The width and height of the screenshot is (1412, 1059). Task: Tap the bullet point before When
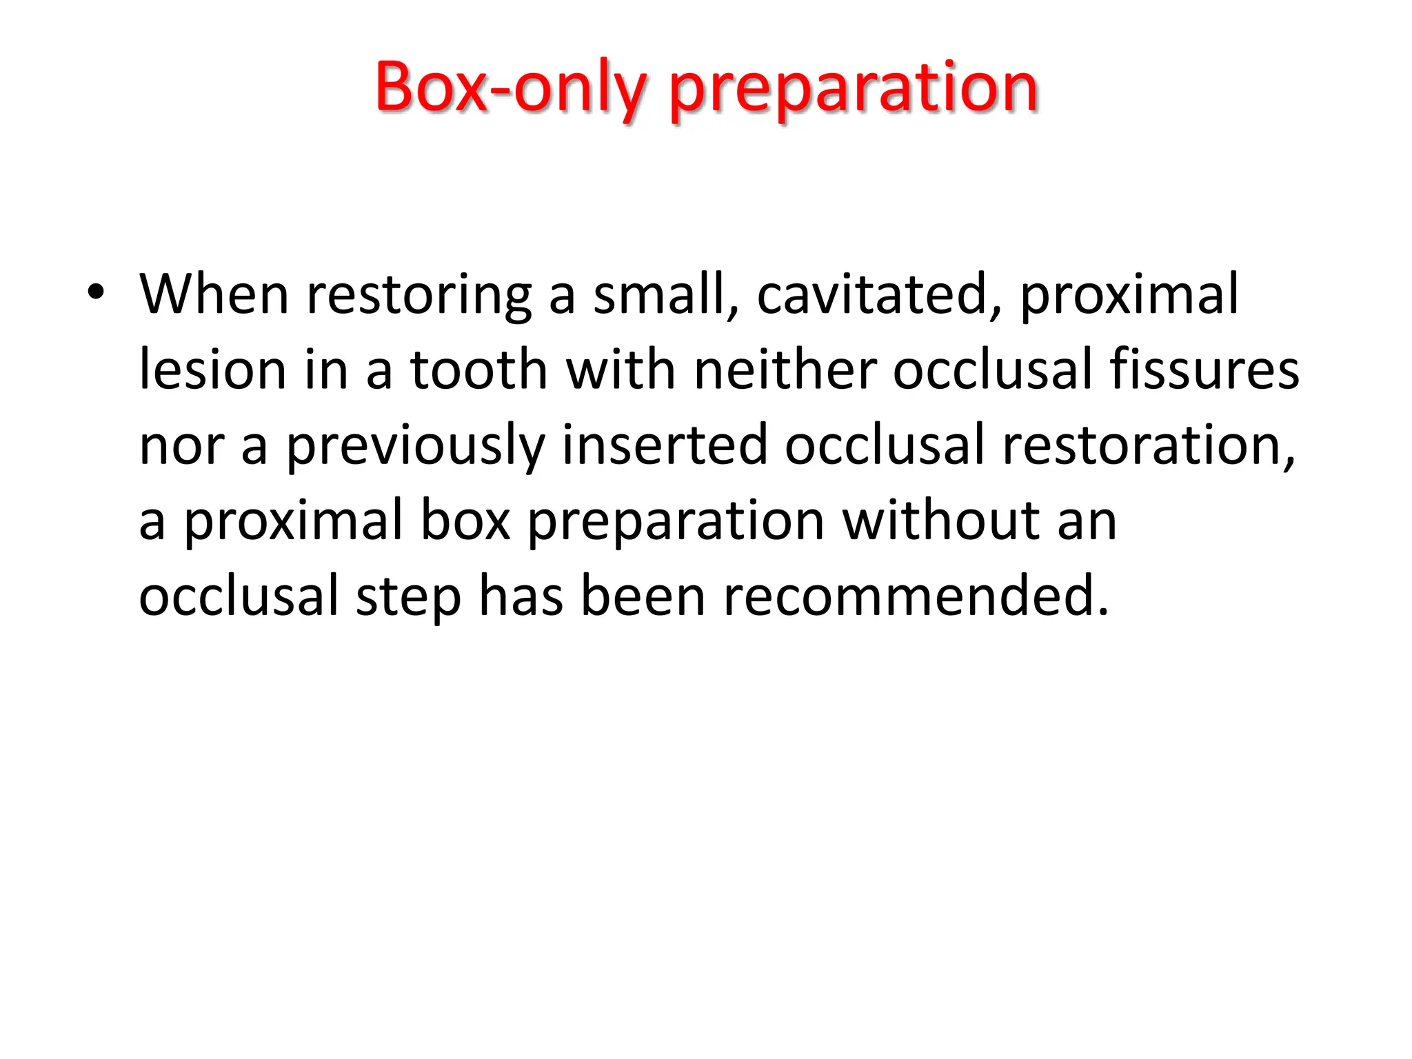96,292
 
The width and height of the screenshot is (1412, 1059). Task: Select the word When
214,294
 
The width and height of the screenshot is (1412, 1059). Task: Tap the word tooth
478,370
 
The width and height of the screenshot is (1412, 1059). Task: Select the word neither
785,370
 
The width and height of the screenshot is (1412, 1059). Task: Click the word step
408,597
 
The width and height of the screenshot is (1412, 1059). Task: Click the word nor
181,447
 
